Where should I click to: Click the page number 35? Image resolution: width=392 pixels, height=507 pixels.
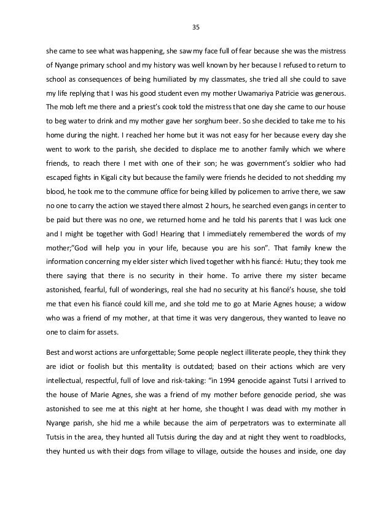click(x=196, y=26)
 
